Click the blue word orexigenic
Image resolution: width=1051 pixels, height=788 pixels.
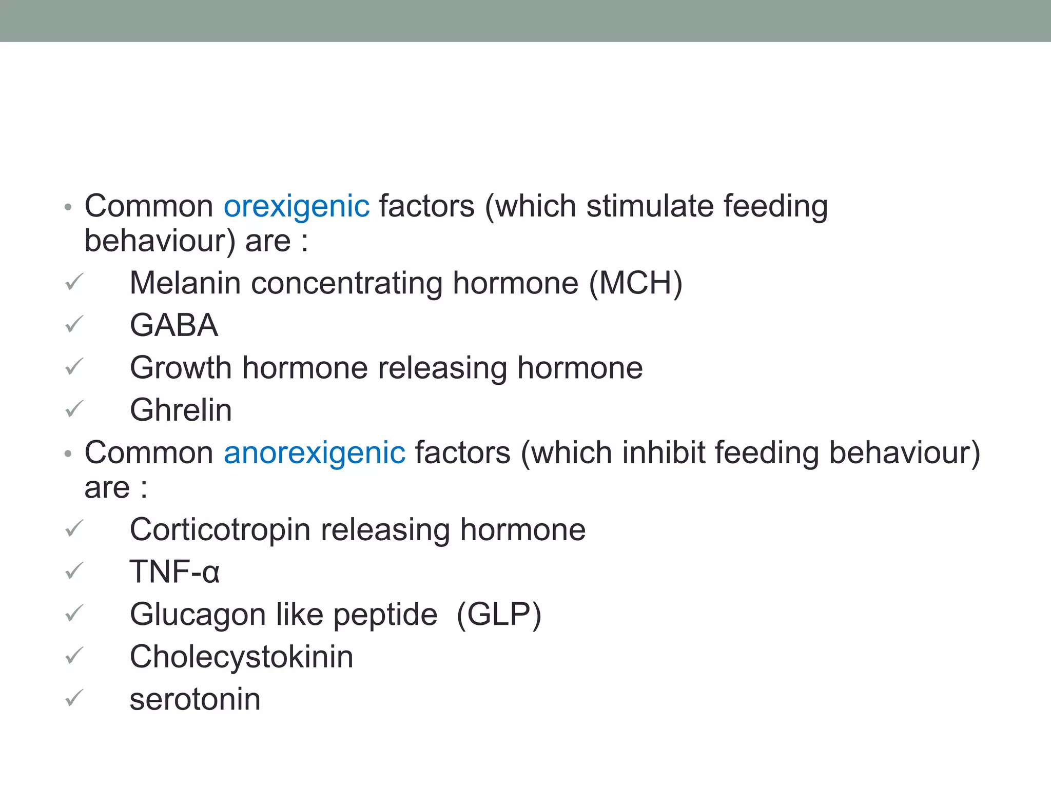click(296, 206)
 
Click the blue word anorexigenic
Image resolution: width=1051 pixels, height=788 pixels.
click(314, 453)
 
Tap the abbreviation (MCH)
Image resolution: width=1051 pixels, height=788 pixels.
click(635, 283)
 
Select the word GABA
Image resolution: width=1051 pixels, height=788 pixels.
click(174, 325)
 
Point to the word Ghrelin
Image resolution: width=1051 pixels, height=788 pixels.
click(181, 410)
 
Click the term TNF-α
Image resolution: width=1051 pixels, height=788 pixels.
click(174, 572)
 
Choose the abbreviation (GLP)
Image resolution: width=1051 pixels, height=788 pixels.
click(499, 614)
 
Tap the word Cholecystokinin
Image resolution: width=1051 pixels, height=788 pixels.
click(241, 657)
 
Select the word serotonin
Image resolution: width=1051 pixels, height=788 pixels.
click(195, 699)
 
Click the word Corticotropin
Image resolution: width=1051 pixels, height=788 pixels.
click(220, 529)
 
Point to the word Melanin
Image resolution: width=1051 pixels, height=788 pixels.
click(185, 283)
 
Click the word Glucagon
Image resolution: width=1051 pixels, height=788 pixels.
click(198, 615)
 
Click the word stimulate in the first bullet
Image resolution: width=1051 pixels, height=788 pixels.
click(650, 206)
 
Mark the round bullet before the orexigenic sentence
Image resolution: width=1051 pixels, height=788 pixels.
click(68, 208)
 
